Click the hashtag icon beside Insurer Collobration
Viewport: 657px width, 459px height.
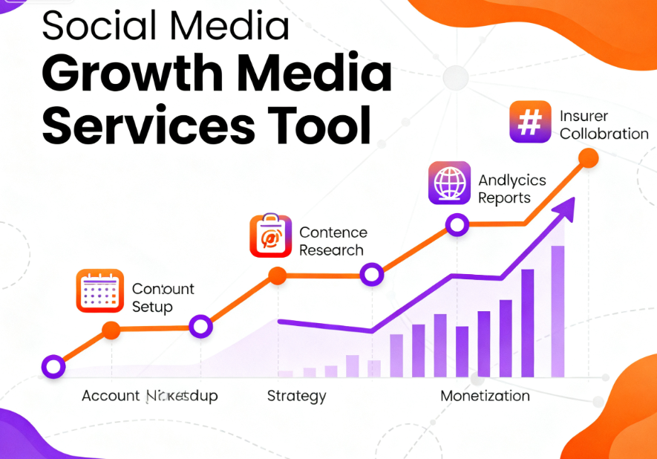530,122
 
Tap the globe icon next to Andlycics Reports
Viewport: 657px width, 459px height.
450,183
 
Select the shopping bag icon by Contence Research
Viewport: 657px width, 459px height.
271,235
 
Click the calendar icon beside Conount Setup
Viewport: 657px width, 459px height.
99,291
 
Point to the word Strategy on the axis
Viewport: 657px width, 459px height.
296,396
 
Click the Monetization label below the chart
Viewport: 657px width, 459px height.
485,396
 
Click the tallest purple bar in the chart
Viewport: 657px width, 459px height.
558,311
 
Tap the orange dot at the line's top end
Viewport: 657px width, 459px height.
588,157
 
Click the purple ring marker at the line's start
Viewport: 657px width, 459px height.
53,365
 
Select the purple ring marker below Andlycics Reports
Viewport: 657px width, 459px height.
457,224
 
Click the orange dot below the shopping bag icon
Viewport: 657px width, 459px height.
277,276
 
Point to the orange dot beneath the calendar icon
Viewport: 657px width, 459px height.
111,331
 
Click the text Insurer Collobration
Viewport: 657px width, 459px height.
604,125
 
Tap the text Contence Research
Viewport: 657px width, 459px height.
333,241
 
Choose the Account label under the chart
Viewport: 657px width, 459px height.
111,396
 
